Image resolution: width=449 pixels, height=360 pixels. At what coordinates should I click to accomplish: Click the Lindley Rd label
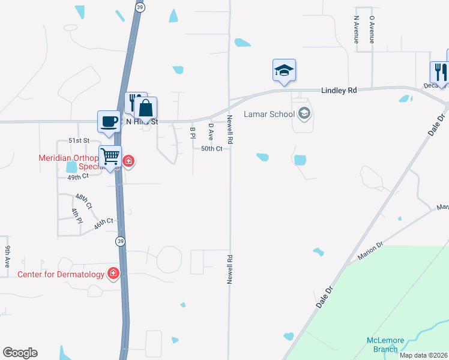(339, 90)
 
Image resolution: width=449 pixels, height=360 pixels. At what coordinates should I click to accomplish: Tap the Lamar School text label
(269, 114)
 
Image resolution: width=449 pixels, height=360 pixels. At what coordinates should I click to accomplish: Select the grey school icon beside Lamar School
(304, 113)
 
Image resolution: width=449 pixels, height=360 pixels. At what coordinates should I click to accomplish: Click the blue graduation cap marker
(284, 71)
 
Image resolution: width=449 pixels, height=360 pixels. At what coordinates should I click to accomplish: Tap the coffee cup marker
(109, 121)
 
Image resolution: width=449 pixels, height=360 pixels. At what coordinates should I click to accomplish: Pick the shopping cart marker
(110, 157)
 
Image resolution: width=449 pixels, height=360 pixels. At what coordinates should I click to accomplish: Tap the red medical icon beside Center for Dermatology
(113, 274)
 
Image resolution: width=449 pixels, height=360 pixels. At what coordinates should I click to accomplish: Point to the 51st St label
(78, 140)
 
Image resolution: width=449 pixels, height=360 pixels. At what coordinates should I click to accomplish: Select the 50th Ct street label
(212, 148)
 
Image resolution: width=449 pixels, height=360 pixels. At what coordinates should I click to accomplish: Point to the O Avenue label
(372, 29)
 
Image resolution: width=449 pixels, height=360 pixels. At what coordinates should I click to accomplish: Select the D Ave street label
(211, 130)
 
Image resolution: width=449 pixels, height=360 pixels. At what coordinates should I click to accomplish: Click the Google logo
(20, 353)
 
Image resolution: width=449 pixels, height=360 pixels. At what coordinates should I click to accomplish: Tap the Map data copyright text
(424, 355)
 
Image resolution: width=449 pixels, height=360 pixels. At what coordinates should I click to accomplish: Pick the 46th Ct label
(104, 224)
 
